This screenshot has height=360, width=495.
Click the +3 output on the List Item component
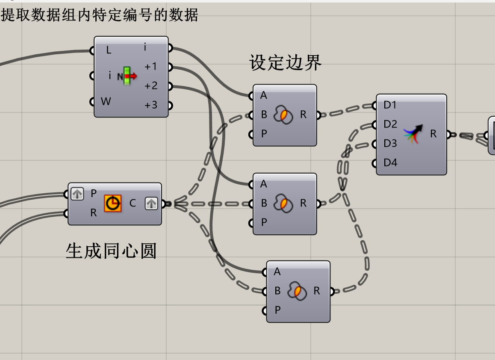pyautogui.click(x=151, y=105)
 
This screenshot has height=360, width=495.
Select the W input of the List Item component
pyautogui.click(x=105, y=102)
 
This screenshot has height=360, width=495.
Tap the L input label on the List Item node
pyautogui.click(x=109, y=50)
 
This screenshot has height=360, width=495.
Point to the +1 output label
pyautogui.click(x=151, y=67)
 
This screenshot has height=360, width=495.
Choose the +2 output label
pyautogui.click(x=151, y=86)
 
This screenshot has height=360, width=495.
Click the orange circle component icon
pyautogui.click(x=113, y=204)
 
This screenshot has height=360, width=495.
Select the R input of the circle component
pyautogui.click(x=94, y=212)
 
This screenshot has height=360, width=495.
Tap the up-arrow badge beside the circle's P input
pyautogui.click(x=77, y=194)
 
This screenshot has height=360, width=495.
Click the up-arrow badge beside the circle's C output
pyautogui.click(x=151, y=204)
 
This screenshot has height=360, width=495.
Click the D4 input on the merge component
pyautogui.click(x=390, y=163)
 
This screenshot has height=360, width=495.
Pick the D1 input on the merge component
pyautogui.click(x=390, y=105)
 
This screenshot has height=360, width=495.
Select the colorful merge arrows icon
pyautogui.click(x=413, y=134)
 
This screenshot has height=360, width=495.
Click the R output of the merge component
pyautogui.click(x=433, y=134)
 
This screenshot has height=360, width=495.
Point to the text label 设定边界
pyautogui.click(x=285, y=63)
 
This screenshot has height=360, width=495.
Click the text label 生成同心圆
pyautogui.click(x=111, y=251)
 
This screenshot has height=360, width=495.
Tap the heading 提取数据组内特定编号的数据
pyautogui.click(x=100, y=15)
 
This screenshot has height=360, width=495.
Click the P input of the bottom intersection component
pyautogui.click(x=277, y=310)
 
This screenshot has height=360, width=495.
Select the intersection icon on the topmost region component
pyautogui.click(x=283, y=115)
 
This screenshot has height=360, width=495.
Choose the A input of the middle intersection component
pyautogui.click(x=264, y=184)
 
